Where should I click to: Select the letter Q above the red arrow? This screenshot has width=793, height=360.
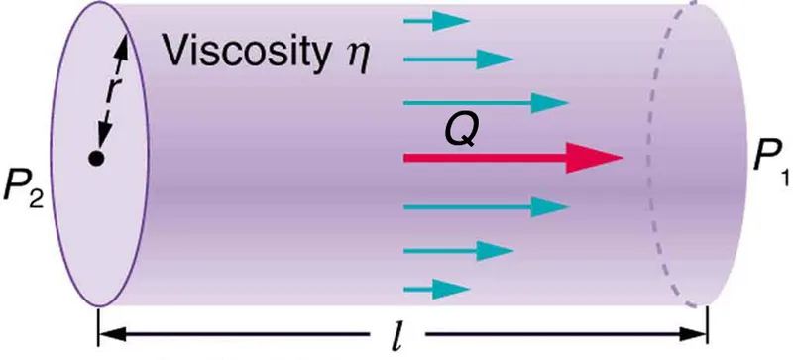457,131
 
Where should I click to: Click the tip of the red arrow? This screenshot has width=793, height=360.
619,158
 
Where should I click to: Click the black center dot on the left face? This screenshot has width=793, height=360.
96,158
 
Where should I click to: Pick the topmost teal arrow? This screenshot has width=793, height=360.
436,19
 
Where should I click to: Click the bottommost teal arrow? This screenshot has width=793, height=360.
436,288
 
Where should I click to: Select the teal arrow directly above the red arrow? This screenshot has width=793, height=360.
486,102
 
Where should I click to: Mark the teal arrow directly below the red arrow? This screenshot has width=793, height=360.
486,207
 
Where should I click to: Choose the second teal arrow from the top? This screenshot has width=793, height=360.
461,59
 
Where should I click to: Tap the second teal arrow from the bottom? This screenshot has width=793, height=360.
461,250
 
